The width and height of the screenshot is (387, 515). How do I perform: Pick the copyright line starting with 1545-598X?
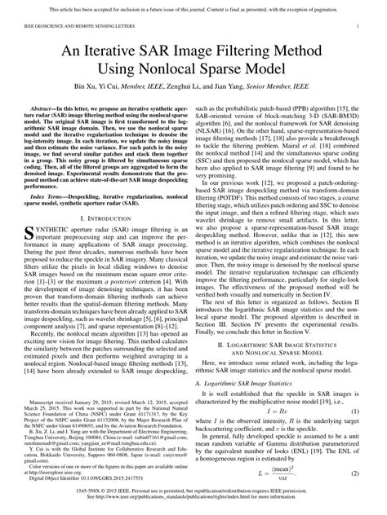[193, 494]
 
